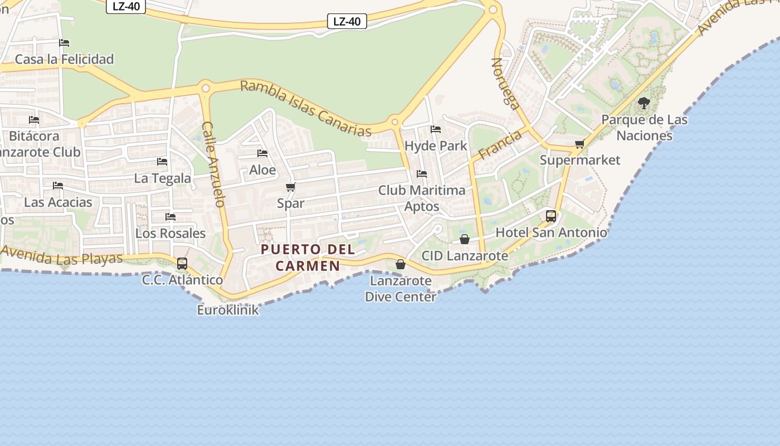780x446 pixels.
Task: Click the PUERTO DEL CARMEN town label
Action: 308,257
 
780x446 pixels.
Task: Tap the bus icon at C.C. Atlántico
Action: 182,264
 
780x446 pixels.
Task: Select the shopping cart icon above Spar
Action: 290,187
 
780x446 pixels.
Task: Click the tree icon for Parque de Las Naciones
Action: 644,103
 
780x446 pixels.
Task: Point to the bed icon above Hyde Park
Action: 436,129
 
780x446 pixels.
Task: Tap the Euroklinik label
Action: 228,310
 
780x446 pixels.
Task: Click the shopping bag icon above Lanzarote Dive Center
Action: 400,264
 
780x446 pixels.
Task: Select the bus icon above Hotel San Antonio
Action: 551,216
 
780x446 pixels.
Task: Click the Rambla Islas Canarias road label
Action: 306,109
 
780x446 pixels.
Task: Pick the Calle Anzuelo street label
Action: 213,164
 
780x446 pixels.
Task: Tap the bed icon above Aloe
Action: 262,153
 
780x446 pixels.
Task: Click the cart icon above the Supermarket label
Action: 580,144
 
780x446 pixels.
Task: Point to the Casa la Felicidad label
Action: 64,59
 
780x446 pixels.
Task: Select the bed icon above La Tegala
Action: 162,162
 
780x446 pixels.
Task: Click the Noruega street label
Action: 505,83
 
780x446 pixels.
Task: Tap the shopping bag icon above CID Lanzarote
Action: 465,239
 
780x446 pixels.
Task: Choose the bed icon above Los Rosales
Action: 170,217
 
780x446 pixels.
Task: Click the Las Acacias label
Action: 58,202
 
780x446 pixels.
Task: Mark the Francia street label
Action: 500,144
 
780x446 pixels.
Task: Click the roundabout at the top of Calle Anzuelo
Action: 206,88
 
